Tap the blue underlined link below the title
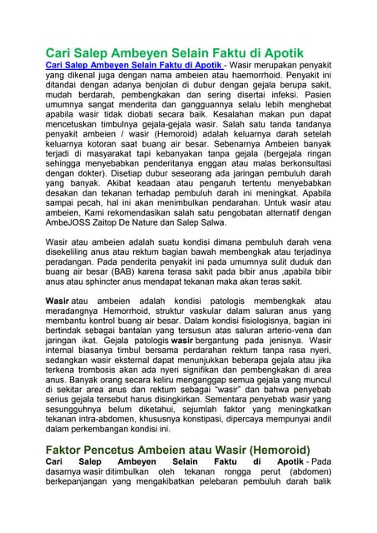(x=133, y=65)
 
